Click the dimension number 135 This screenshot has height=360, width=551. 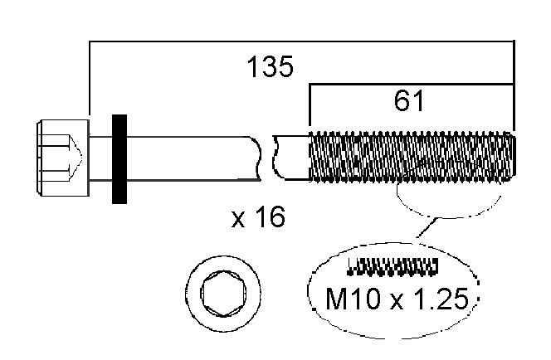pos(270,66)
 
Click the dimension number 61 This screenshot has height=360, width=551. pos(410,101)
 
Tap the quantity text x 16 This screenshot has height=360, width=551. pos(258,217)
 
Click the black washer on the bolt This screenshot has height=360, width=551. pos(119,158)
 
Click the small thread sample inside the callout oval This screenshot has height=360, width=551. pos(392,265)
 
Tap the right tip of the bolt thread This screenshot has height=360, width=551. pos(513,155)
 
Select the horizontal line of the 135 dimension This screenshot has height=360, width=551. pos(299,40)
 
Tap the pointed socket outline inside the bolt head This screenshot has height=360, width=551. pos(72,155)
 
